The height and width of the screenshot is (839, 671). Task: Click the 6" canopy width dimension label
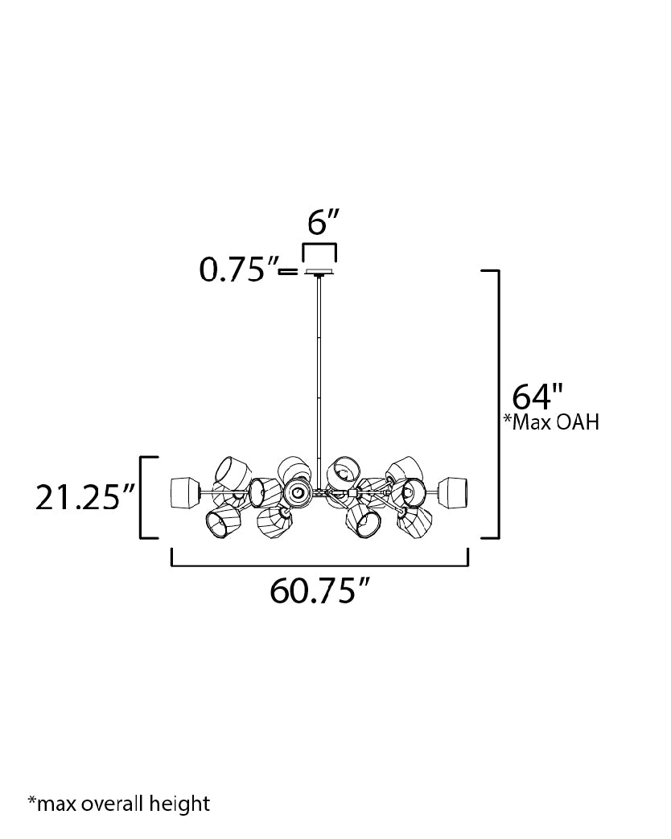click(x=323, y=222)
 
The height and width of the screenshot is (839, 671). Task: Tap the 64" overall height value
click(x=537, y=397)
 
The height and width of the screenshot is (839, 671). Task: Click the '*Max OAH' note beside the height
click(x=551, y=422)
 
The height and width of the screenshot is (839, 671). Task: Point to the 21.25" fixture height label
click(x=84, y=498)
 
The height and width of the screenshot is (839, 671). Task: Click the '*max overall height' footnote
click(x=119, y=803)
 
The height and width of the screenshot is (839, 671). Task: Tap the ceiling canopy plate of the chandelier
click(x=319, y=273)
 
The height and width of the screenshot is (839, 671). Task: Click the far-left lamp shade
click(x=184, y=493)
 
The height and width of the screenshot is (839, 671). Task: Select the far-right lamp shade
click(x=453, y=493)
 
